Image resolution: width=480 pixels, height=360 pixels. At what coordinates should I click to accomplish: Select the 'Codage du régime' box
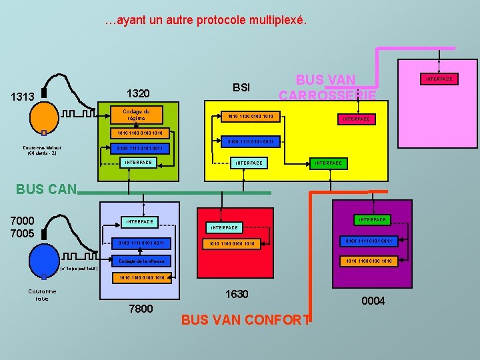137,115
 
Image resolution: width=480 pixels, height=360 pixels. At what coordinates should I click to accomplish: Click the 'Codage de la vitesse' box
142,261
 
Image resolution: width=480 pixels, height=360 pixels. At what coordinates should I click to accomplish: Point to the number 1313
23,97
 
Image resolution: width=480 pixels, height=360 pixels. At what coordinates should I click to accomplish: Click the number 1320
138,93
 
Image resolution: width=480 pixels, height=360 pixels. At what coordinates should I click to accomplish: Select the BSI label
241,87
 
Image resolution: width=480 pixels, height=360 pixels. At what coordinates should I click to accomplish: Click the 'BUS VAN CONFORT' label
246,319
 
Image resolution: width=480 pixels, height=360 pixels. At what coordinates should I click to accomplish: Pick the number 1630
237,294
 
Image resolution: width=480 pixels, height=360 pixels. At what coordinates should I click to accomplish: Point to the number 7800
141,309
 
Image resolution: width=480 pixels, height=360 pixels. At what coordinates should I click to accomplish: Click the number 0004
373,301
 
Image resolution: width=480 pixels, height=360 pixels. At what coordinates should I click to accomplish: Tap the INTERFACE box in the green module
139,162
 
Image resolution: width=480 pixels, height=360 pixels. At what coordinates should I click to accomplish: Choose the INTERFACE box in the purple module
373,219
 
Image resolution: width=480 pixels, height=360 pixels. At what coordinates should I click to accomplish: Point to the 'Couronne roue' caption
42,295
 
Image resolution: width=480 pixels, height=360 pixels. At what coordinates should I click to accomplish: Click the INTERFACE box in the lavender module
140,221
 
